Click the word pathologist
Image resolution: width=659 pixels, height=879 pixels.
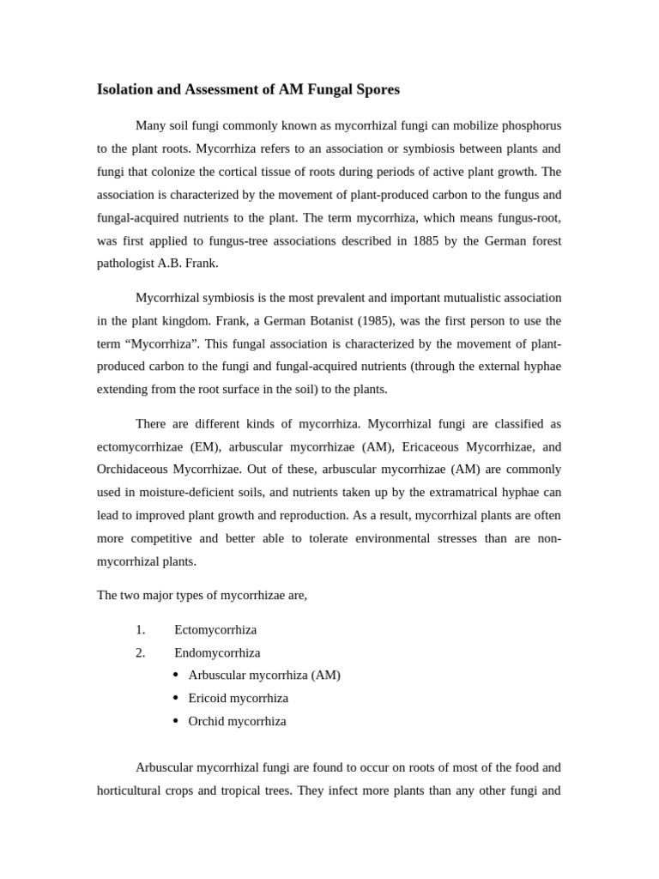coord(125,264)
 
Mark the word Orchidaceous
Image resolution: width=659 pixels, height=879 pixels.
coord(132,470)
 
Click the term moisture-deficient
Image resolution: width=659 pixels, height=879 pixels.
coord(186,493)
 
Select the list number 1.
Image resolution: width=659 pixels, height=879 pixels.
coord(140,630)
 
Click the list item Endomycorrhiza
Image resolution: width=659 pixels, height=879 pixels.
coord(217,653)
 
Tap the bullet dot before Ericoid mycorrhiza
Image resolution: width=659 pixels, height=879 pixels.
coord(176,698)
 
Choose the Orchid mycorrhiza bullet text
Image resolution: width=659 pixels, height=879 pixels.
coord(237,721)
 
